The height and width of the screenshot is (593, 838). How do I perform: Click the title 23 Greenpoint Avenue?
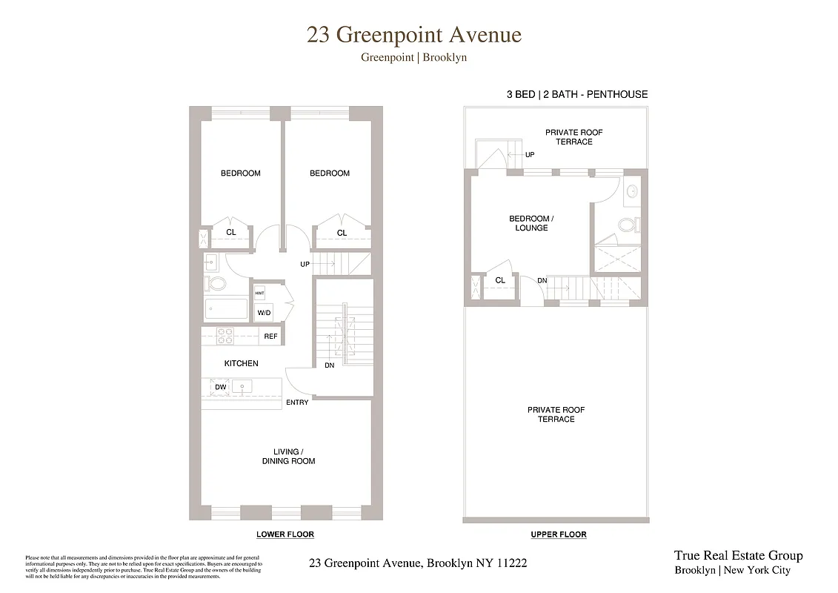[x=414, y=36]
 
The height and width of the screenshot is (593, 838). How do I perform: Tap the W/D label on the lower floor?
[x=264, y=313]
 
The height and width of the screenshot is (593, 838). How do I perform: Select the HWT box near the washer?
[x=259, y=294]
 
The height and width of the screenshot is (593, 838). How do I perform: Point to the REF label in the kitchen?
[x=270, y=337]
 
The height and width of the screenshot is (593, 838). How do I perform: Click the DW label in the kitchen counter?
[x=220, y=387]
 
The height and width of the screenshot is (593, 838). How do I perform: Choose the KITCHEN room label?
[x=242, y=363]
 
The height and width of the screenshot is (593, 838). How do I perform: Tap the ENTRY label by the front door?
[x=297, y=402]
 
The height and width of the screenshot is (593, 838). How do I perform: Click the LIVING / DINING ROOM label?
[x=288, y=456]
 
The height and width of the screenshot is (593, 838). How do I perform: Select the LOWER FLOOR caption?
[x=285, y=534]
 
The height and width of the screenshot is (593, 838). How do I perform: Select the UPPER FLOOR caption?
[x=559, y=534]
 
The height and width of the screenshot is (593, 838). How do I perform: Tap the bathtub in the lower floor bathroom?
[x=226, y=308]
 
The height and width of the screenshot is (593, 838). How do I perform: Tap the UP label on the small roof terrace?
[x=529, y=155]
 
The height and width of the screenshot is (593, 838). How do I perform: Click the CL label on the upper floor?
[x=500, y=280]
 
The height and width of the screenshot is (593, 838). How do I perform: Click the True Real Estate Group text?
[x=738, y=556]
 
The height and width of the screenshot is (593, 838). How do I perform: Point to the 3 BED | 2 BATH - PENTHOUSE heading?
[x=577, y=94]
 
